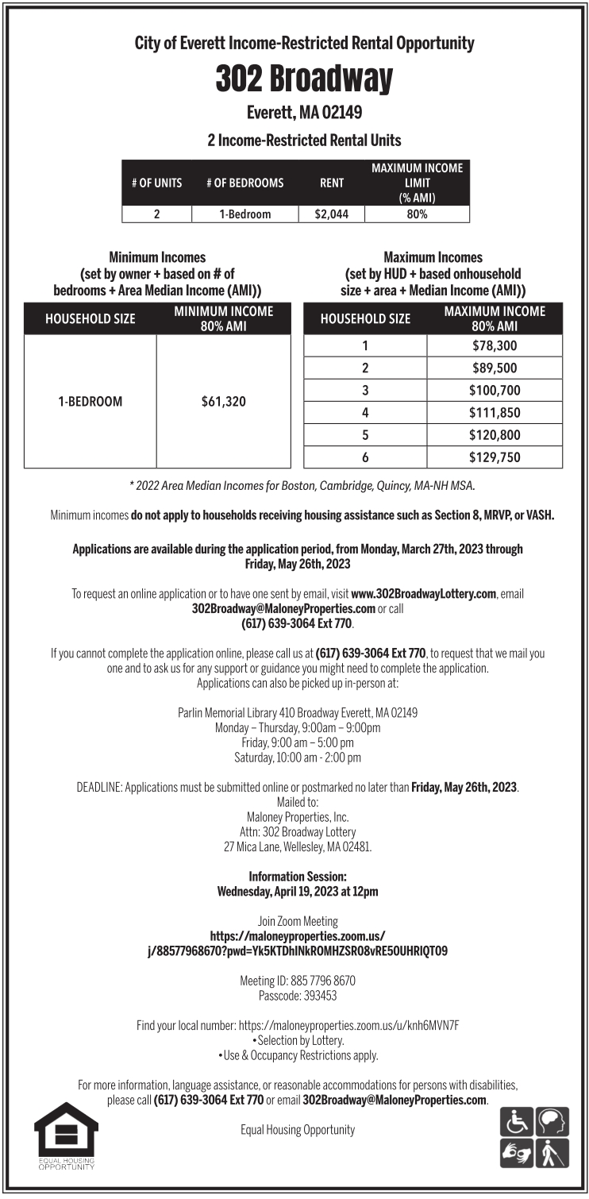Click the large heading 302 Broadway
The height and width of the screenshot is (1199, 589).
[x=304, y=79]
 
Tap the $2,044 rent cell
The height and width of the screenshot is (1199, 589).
[x=331, y=214]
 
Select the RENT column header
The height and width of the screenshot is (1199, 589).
[x=331, y=183]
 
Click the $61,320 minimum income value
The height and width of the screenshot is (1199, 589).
[x=224, y=401]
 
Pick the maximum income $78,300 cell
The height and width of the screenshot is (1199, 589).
[x=495, y=345]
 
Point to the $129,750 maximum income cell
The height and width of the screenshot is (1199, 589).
[x=495, y=457]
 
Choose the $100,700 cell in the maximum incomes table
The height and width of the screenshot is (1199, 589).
[x=495, y=390]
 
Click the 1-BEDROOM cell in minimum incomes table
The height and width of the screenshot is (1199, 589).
[x=90, y=401]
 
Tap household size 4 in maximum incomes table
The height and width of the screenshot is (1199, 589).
[x=365, y=412]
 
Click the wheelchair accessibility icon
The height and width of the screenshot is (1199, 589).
[x=517, y=1122]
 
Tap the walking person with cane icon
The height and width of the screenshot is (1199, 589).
[x=551, y=1152]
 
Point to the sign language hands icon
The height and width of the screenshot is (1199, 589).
[x=517, y=1152]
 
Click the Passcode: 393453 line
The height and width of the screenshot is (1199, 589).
[x=298, y=995]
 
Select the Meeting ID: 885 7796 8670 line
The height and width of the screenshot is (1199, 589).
[x=298, y=981]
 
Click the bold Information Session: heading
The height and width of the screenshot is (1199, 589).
[x=298, y=876]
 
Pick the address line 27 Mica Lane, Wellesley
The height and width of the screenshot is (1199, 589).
[x=298, y=846]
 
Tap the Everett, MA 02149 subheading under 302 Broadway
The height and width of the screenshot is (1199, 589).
[x=304, y=113]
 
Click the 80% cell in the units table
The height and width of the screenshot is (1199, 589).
[x=417, y=214]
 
